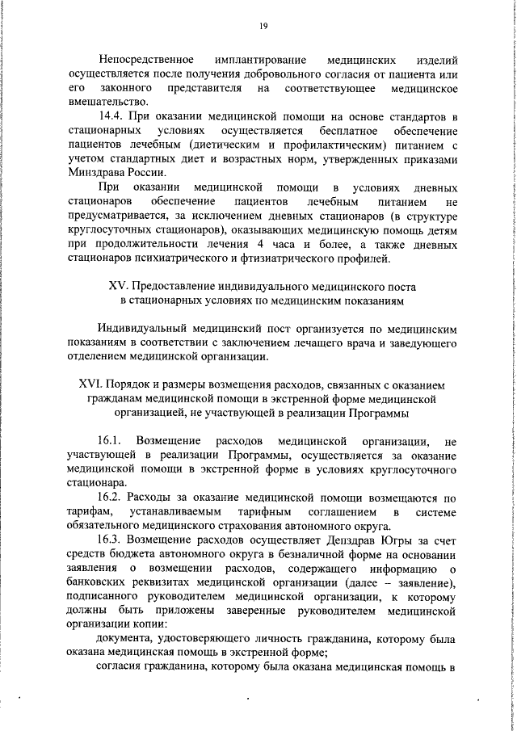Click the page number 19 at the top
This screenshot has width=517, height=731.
click(263, 26)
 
